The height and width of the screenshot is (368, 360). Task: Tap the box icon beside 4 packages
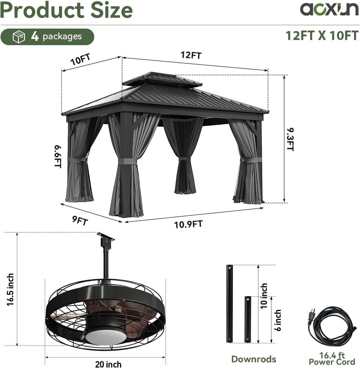click(x=19, y=37)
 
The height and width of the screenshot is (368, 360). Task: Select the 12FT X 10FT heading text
click(x=322, y=35)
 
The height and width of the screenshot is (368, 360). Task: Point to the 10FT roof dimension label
click(x=81, y=59)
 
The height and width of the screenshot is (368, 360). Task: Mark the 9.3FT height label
click(x=290, y=140)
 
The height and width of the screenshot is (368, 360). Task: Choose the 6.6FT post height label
click(x=58, y=156)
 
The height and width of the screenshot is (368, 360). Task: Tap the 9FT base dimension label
click(x=80, y=221)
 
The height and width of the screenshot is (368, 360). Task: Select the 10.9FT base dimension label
click(x=188, y=224)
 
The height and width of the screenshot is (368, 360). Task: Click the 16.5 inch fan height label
click(x=10, y=290)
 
